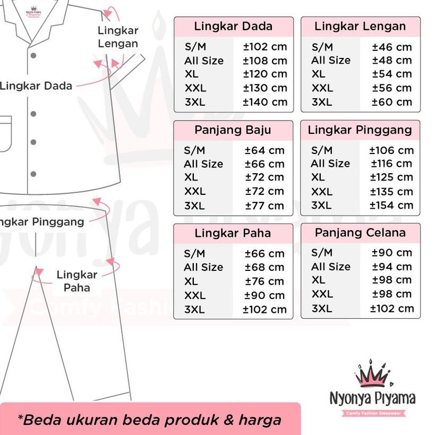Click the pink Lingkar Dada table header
coord(233,27)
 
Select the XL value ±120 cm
coord(265,74)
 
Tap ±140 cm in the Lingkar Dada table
coord(265,102)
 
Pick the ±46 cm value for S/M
coord(392,47)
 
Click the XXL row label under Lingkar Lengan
coord(322,88)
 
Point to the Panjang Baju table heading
coord(233,130)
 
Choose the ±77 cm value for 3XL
coord(265,206)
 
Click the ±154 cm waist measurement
coord(391,206)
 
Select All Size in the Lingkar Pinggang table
coord(330,164)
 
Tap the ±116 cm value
coord(391,164)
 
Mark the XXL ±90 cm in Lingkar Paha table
coord(265,295)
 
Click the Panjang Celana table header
coord(360,233)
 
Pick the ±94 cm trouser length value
coord(392,267)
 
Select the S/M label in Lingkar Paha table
coord(194,253)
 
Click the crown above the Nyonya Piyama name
coord(372,375)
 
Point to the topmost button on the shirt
coord(33,55)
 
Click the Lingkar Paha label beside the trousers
coord(77,282)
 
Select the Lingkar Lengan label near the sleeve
coord(118,37)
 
